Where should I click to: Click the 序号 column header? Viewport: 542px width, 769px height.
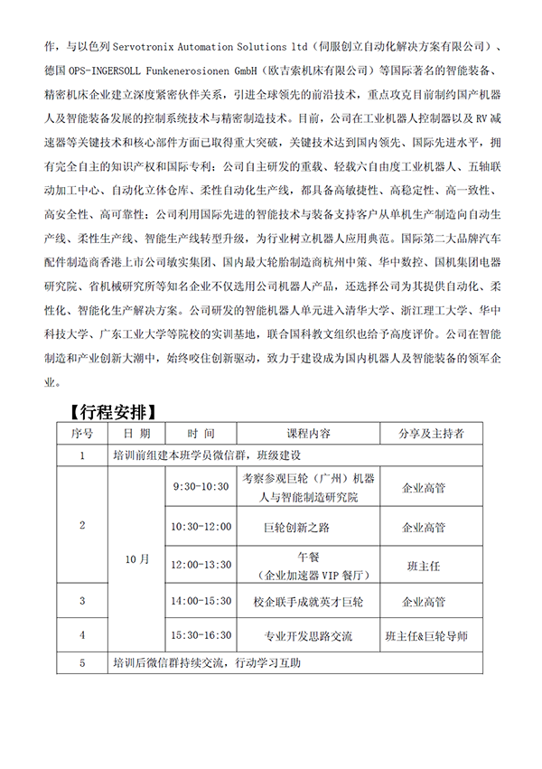tap(82, 434)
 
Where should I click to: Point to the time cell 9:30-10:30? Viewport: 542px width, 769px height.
tap(201, 486)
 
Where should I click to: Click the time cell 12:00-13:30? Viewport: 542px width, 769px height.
tap(201, 565)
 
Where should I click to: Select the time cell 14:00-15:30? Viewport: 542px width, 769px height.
tap(201, 600)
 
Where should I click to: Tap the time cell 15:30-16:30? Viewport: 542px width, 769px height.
tap(201, 635)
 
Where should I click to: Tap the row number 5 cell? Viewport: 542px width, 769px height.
tap(82, 663)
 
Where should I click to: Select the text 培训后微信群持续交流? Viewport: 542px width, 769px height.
tap(167, 663)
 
